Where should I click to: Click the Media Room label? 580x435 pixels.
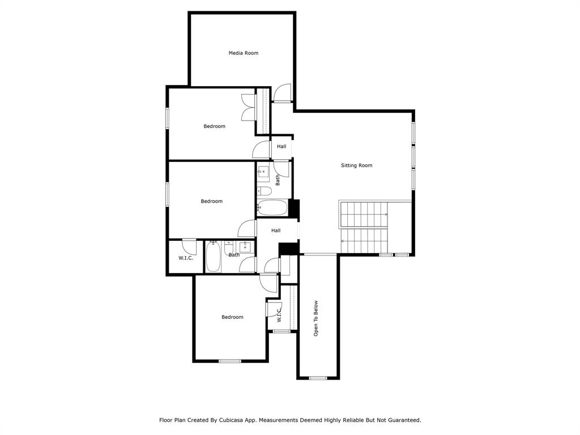pos(244,53)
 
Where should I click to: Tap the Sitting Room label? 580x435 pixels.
pos(356,165)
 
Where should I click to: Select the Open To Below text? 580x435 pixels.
pos(317,318)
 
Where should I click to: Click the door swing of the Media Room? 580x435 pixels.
pos(282,93)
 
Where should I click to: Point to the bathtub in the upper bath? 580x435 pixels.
pos(272,209)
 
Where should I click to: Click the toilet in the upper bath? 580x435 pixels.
pos(264,190)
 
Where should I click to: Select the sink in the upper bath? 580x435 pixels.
pos(263,170)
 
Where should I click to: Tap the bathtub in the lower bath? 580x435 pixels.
pos(213,257)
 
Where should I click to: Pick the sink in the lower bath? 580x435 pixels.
pos(245,247)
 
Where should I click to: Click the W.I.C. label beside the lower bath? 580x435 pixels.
pos(186,258)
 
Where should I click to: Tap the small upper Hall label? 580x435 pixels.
pos(282,147)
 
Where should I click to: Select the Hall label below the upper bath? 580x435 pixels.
pos(276,231)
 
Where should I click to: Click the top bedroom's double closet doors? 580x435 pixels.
pos(249,106)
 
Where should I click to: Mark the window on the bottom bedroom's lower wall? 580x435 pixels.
pos(230,361)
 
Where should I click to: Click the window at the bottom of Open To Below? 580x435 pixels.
pos(318,378)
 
